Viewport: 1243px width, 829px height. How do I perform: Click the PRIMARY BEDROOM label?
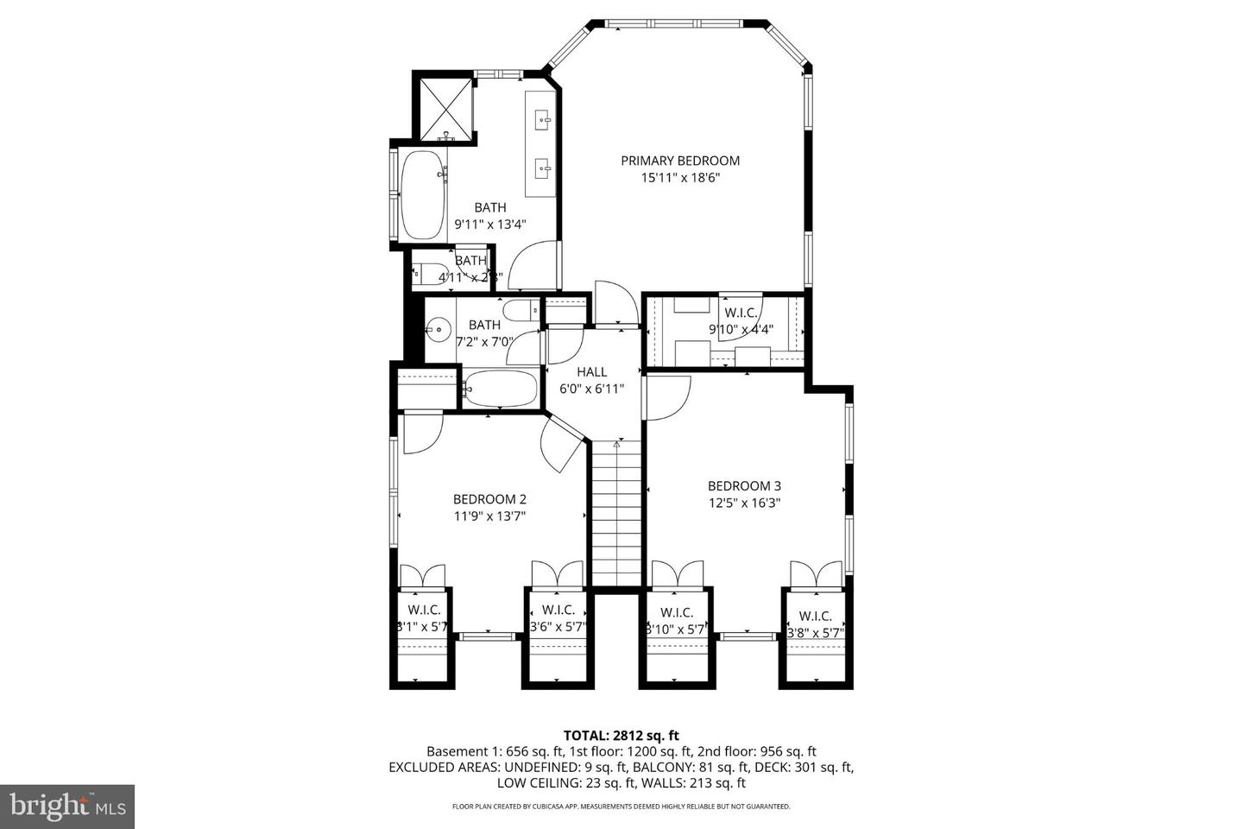pyautogui.click(x=680, y=161)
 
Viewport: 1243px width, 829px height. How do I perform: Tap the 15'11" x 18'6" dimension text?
pyautogui.click(x=680, y=179)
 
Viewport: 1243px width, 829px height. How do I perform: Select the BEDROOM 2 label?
pyautogui.click(x=489, y=499)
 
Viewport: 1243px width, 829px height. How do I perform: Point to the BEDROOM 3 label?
pyautogui.click(x=744, y=486)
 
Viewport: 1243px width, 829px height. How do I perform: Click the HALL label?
pyautogui.click(x=592, y=371)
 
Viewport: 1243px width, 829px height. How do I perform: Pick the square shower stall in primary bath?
pyautogui.click(x=446, y=108)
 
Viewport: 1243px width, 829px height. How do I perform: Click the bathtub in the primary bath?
pyautogui.click(x=422, y=195)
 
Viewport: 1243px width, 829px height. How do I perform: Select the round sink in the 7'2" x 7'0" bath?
pyautogui.click(x=439, y=328)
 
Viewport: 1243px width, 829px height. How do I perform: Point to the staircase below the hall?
pyautogui.click(x=616, y=514)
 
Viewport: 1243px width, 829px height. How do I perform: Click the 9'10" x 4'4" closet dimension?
pyautogui.click(x=741, y=329)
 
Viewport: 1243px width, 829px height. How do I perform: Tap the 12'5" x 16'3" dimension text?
pyautogui.click(x=744, y=503)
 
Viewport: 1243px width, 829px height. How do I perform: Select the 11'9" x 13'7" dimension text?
pyautogui.click(x=489, y=516)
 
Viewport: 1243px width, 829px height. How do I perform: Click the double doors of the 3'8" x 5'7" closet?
pyautogui.click(x=816, y=574)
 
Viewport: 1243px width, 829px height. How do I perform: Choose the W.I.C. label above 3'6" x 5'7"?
pyautogui.click(x=558, y=611)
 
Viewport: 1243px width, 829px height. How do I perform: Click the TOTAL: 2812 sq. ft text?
pyautogui.click(x=621, y=735)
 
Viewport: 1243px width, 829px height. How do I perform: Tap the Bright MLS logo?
pyautogui.click(x=66, y=807)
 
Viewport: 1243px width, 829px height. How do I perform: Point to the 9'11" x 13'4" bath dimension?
pyautogui.click(x=490, y=225)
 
